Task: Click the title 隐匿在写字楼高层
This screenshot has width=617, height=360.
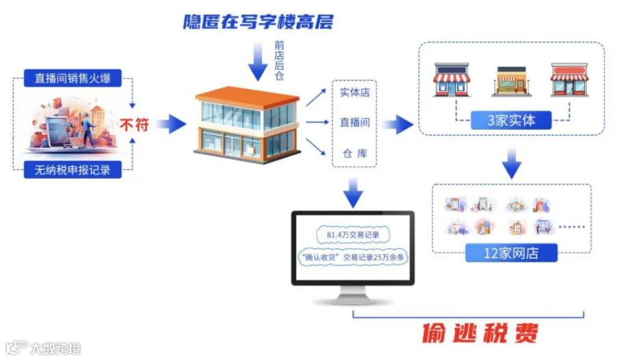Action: tap(258, 21)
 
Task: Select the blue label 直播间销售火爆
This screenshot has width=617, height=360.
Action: tap(72, 78)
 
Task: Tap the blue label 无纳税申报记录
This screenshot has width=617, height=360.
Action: tap(72, 169)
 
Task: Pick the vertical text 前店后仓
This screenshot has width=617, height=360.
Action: tap(279, 60)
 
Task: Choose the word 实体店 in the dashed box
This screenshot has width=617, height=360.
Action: tap(354, 93)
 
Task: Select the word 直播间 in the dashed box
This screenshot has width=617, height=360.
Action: tap(354, 123)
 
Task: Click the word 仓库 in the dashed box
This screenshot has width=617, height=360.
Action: tap(354, 153)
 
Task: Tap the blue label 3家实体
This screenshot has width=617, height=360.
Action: tap(511, 121)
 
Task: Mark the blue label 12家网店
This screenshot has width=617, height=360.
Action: tap(511, 252)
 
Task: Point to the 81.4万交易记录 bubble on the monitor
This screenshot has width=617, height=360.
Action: tap(353, 235)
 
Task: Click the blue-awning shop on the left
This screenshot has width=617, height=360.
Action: tap(451, 80)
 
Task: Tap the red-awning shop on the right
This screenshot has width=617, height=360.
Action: tap(570, 80)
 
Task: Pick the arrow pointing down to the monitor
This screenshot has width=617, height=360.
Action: tap(354, 193)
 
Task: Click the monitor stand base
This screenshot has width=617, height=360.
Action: tap(353, 300)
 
